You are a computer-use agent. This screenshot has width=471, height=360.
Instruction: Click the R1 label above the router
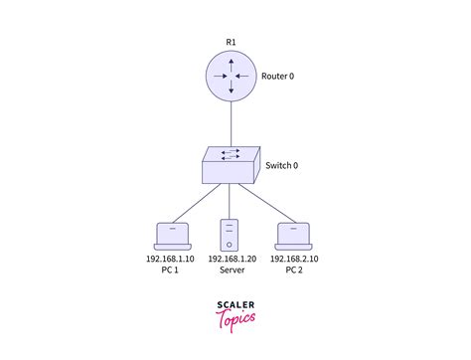[230, 42]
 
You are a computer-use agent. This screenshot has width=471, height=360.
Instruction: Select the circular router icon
[230, 77]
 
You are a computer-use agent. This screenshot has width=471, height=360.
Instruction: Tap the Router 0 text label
[278, 77]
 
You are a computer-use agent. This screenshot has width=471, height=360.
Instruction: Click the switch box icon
[230, 163]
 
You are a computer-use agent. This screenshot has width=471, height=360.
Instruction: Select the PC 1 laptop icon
[171, 235]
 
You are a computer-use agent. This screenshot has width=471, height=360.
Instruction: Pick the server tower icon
[230, 233]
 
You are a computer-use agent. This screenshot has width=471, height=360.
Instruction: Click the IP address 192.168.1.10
[170, 259]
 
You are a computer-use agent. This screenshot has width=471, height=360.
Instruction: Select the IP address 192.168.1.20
[231, 259]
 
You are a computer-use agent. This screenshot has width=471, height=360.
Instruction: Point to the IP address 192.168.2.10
[293, 259]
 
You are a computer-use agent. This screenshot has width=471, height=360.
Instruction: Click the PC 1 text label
[170, 270]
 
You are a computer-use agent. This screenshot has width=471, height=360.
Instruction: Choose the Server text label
[231, 270]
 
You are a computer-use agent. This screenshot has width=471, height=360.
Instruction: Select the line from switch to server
[230, 199]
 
